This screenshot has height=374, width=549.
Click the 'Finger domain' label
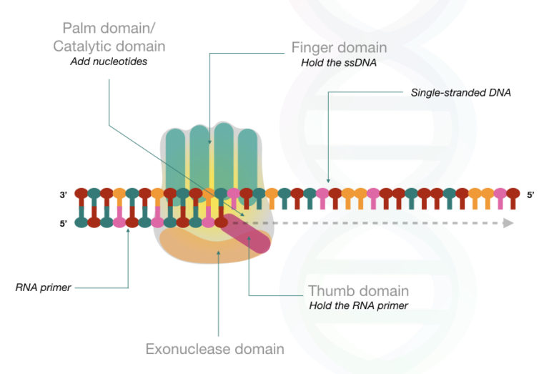[339, 48]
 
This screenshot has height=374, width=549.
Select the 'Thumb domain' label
[358, 291]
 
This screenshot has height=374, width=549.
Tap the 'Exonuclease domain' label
[214, 349]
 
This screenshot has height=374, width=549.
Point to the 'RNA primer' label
[42, 288]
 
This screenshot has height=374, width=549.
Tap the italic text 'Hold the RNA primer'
[359, 306]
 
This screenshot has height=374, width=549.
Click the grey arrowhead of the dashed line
[508, 222]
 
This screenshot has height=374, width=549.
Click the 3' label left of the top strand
[65, 195]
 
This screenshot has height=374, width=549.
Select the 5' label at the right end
[530, 195]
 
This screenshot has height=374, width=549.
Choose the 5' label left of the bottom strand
[65, 222]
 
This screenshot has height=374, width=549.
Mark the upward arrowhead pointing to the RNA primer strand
[129, 232]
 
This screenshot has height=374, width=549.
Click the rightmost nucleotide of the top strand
[513, 195]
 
